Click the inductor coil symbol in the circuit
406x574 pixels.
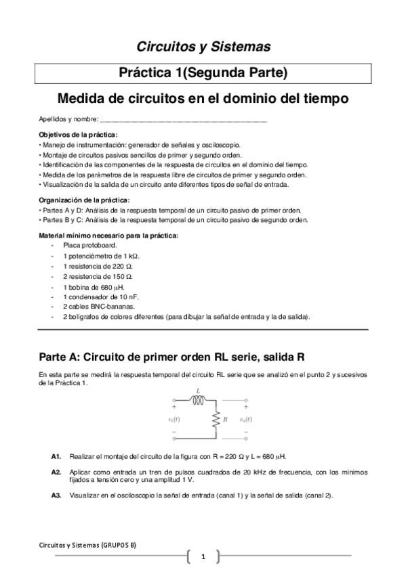click(198, 400)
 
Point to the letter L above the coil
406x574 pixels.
click(198, 391)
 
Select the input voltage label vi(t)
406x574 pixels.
click(174, 420)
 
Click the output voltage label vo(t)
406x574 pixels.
click(247, 420)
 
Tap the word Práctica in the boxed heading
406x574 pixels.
click(146, 72)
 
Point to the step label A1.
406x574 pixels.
click(56, 456)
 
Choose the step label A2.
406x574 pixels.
click(56, 471)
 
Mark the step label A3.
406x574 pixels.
click(56, 495)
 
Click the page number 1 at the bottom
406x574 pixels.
click(203, 557)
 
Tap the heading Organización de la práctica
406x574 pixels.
click(84, 200)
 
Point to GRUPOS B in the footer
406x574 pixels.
click(120, 544)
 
